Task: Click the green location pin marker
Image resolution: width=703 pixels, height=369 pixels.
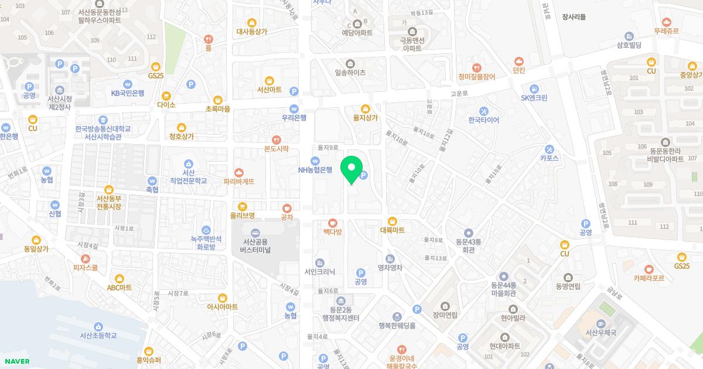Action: coord(351,169)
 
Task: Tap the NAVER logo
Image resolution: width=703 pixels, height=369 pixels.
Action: coord(16,361)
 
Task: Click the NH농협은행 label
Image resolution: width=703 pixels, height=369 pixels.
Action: coord(315,170)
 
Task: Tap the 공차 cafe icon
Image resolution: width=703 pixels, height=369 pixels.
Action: coord(286,208)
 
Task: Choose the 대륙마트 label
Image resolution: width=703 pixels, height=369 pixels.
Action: coord(393,230)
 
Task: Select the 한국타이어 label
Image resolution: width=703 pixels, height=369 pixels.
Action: coord(484,119)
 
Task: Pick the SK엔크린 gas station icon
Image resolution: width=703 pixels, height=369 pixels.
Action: coord(534,88)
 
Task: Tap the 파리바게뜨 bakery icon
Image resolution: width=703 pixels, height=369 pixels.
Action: coord(238,172)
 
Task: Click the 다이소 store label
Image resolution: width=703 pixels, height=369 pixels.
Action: coord(166,105)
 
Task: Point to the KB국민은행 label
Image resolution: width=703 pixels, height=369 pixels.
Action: coord(128,93)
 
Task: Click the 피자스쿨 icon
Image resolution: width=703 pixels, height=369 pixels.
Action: coord(86,258)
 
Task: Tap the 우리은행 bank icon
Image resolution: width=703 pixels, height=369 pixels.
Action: coord(294,108)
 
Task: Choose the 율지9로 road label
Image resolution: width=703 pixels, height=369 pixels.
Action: coord(328,148)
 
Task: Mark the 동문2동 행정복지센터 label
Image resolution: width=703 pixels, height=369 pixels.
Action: coord(341,314)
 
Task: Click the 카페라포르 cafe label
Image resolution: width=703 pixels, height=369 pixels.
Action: coord(649,278)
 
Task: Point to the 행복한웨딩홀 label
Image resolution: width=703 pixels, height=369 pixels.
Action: coord(397,325)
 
